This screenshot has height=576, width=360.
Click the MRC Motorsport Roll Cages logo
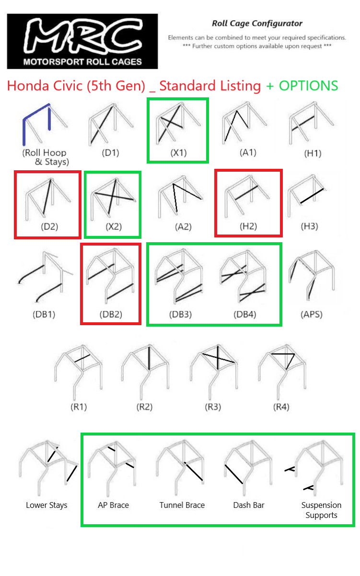click(x=82, y=41)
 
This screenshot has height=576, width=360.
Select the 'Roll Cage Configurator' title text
click(x=257, y=24)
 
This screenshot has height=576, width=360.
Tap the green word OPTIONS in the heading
click(x=308, y=86)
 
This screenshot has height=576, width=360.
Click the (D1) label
click(x=110, y=153)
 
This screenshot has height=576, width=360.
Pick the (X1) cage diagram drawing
click(x=178, y=123)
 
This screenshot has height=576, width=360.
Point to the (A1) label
click(x=248, y=153)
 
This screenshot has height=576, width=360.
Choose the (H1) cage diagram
click(x=312, y=123)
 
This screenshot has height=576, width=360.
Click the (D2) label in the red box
click(x=49, y=226)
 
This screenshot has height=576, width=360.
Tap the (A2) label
click(x=183, y=227)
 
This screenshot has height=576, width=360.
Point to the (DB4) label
click(x=245, y=314)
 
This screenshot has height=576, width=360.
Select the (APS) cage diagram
click(x=312, y=275)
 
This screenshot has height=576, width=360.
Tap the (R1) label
click(x=79, y=407)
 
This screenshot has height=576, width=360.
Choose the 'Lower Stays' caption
click(x=46, y=505)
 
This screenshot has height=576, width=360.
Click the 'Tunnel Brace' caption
click(x=182, y=505)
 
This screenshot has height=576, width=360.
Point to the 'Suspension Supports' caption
click(x=321, y=510)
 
